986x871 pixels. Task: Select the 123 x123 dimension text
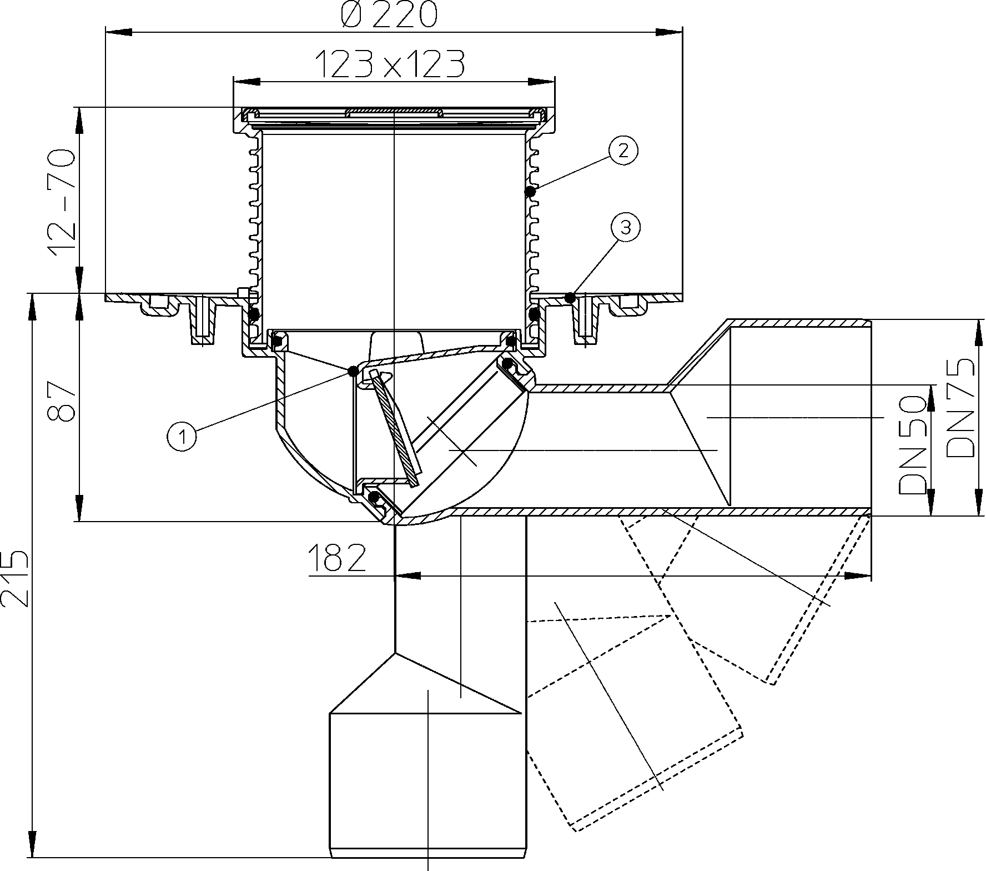(389, 64)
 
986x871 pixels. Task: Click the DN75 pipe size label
(960, 407)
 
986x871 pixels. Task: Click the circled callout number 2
(623, 151)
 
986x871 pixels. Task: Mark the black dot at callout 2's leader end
(530, 192)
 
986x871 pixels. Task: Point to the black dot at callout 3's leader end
(569, 298)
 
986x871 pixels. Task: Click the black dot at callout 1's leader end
(353, 371)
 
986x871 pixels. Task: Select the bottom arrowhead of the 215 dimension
(33, 844)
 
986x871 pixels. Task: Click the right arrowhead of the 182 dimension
(857, 576)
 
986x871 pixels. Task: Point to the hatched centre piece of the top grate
(394, 113)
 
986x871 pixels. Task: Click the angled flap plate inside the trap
(395, 429)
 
